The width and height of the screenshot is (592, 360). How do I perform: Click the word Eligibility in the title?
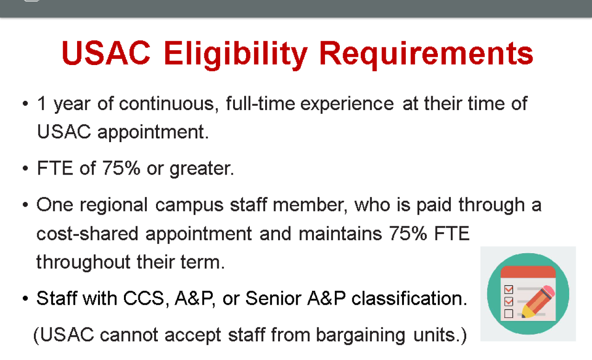[236, 55]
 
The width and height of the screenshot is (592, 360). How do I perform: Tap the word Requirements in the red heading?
[426, 55]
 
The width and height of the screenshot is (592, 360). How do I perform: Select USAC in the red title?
[106, 53]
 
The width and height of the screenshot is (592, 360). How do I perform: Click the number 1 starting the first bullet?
[42, 103]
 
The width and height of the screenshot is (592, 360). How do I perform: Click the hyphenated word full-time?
[260, 103]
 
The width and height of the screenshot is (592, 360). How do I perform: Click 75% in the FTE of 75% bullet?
[121, 168]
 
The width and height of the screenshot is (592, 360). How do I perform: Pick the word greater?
[202, 169]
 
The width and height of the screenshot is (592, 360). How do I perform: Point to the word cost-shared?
[87, 234]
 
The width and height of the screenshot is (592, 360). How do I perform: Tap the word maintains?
[340, 234]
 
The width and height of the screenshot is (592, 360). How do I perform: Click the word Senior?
[273, 299]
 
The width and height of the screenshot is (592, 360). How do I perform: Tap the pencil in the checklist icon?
[538, 302]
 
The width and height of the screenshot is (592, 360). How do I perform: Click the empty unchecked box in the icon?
[509, 314]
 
